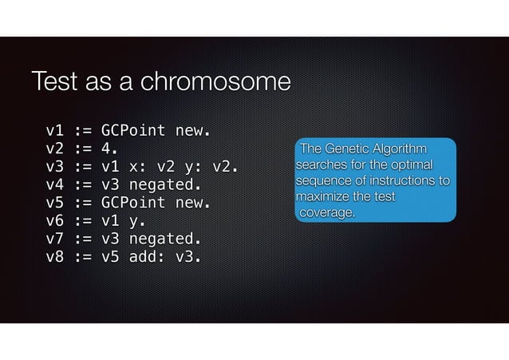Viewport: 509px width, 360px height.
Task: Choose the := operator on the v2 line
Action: tap(83, 148)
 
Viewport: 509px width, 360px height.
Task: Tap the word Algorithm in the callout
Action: tap(400, 150)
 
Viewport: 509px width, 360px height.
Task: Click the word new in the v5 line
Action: tap(194, 203)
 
